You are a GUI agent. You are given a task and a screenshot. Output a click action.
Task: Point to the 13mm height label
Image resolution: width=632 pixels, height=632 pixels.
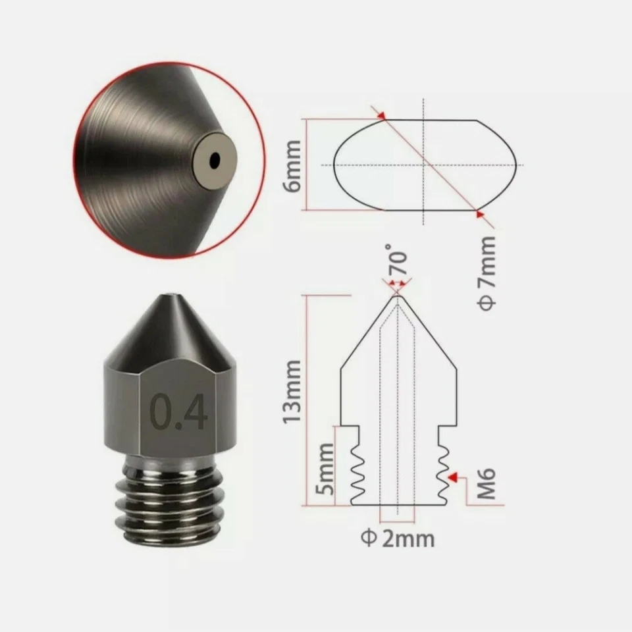coord(290,391)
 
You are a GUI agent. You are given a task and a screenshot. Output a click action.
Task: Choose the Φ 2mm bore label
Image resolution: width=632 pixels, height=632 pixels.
coord(398,539)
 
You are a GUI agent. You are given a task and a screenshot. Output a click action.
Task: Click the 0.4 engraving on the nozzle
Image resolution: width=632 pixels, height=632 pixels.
coord(178,411)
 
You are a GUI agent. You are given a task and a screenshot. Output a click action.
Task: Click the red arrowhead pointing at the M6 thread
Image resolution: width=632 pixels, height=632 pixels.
coord(452,475)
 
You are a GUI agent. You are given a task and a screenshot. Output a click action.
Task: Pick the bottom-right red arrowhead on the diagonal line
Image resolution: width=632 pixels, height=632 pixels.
coord(479,213)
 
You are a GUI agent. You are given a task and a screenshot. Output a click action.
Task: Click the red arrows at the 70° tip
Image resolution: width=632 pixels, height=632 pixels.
coord(396,284)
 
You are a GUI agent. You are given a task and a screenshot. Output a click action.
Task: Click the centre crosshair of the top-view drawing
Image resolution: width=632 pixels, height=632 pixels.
coord(423,165)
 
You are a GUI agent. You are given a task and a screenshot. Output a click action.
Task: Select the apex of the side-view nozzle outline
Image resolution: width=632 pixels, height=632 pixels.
coord(398,296)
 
